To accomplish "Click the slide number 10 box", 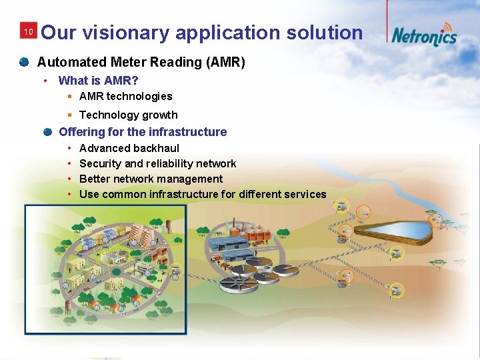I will (29, 32).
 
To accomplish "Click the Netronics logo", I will (424, 35).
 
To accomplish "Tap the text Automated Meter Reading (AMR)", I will (141, 63).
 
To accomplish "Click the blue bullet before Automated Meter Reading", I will (24, 62).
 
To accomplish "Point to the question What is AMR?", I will (98, 81).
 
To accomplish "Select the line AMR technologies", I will (125, 97).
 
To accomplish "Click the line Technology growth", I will (128, 115).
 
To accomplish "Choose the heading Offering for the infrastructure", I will (143, 132).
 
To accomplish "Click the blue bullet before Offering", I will (47, 132).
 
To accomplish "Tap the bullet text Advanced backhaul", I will (129, 148).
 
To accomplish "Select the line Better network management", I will (151, 179).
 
